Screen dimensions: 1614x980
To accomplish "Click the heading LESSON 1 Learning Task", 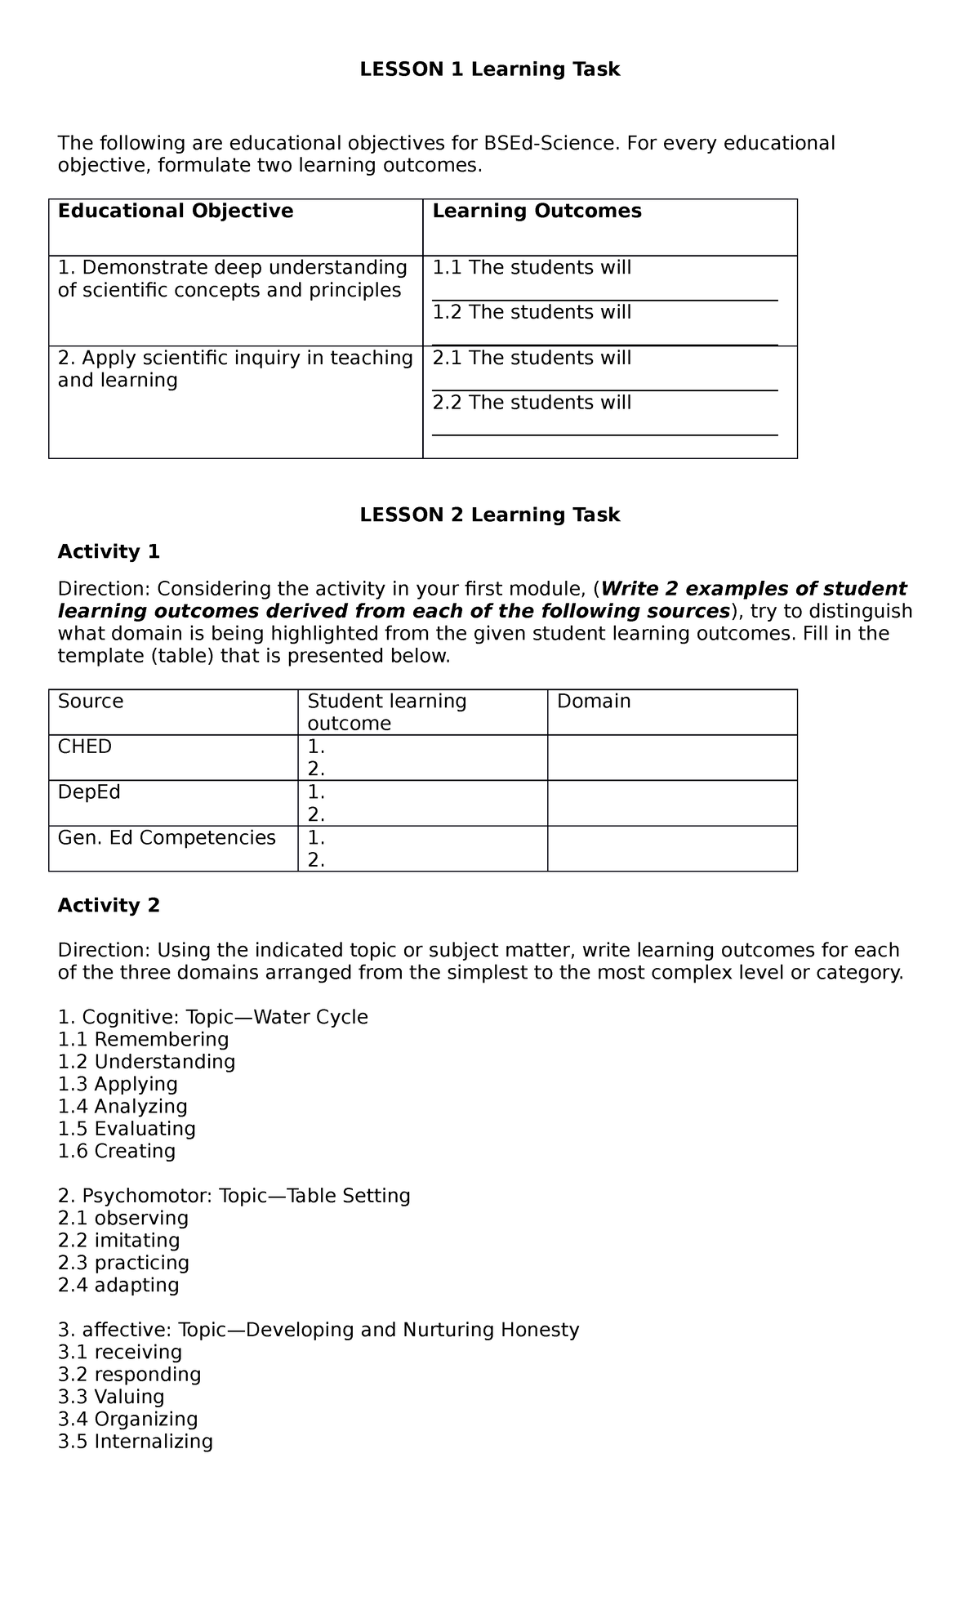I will (490, 70).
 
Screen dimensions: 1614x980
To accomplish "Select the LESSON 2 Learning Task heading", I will (490, 515).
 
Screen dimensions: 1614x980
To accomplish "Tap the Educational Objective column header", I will (176, 212).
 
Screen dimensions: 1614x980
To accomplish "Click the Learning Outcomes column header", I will (537, 212).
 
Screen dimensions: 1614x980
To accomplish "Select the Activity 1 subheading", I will (109, 552).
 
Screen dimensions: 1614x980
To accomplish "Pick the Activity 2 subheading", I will (109, 906).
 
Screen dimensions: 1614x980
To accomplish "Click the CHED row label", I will (85, 747).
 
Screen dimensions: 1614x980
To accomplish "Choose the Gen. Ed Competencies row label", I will (167, 838).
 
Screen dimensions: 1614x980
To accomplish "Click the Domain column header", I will (594, 702).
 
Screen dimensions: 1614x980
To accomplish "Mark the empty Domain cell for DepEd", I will (671, 803).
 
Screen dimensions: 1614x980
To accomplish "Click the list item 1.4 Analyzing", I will (122, 1107).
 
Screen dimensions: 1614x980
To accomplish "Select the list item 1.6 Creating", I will (117, 1152).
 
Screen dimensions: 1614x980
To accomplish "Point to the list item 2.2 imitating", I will (119, 1241).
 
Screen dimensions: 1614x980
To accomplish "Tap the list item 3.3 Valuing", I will (111, 1398).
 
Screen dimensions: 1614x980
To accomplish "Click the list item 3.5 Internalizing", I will (136, 1442).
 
